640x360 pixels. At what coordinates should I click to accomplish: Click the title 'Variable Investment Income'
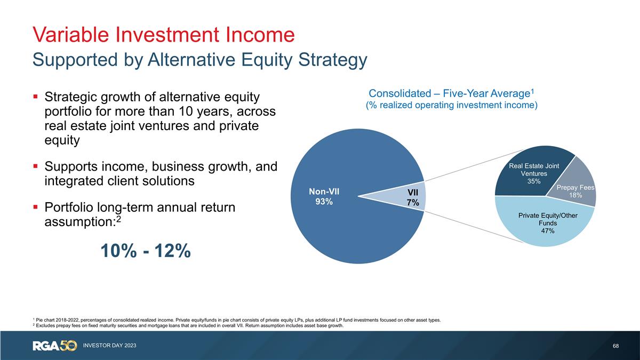point(163,35)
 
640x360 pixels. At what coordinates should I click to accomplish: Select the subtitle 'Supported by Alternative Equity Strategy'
point(199,59)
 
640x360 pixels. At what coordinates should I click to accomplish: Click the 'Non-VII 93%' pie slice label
point(324,196)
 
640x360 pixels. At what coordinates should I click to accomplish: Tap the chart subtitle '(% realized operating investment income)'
point(451,105)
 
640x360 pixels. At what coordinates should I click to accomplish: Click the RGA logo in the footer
point(54,346)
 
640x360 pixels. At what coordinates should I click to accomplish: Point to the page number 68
point(616,346)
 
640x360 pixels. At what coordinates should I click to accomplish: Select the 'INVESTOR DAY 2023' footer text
point(109,346)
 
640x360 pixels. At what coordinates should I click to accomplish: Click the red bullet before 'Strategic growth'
point(35,98)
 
